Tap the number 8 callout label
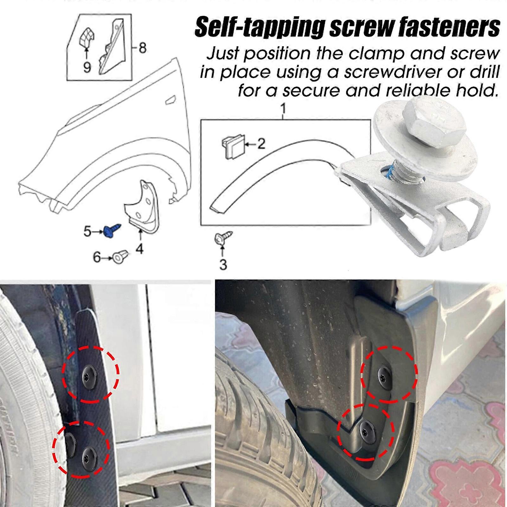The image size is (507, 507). [x=143, y=48]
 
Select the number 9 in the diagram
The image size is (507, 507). [x=87, y=67]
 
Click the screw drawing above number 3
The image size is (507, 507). [x=223, y=238]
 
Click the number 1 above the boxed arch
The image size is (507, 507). [x=283, y=109]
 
